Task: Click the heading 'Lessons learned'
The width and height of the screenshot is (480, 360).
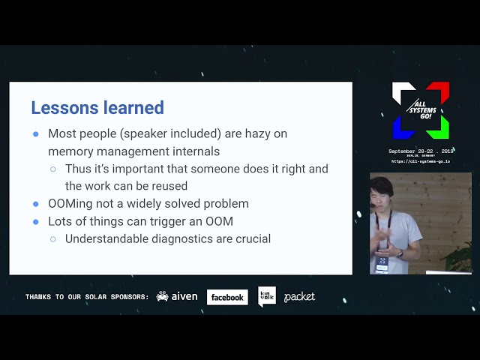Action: (x=97, y=108)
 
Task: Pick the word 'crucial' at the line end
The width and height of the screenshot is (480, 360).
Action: (x=250, y=238)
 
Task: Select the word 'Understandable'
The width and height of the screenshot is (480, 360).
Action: (x=106, y=238)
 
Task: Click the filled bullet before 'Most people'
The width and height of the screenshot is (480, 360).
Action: (x=36, y=134)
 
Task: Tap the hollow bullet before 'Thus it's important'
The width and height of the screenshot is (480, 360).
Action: (x=53, y=169)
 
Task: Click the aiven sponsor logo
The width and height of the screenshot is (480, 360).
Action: (x=177, y=297)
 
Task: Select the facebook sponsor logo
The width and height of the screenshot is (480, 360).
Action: (x=227, y=297)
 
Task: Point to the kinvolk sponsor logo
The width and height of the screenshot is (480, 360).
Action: (x=266, y=296)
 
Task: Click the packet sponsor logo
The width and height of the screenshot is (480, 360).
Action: (x=299, y=297)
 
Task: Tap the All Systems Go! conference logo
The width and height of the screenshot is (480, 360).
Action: (x=421, y=110)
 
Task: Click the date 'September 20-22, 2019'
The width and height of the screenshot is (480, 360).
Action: (x=421, y=151)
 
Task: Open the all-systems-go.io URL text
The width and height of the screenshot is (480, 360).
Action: (x=421, y=161)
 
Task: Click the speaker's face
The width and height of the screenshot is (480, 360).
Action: (x=382, y=193)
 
